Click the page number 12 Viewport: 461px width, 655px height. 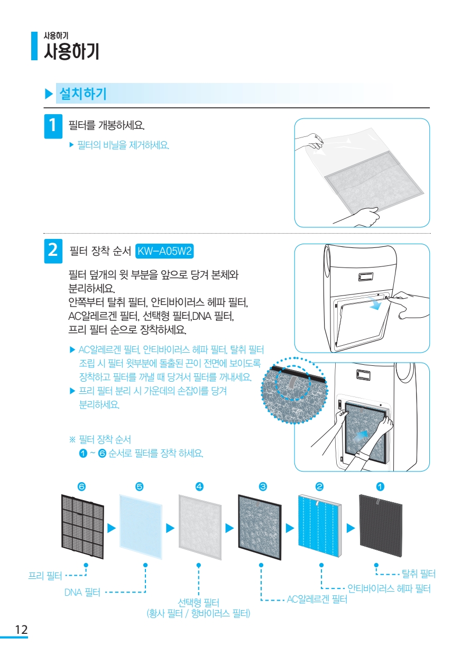(21, 630)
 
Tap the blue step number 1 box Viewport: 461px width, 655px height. (53, 126)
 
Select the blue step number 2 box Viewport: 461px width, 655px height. (53, 251)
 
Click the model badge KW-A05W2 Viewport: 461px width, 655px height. (164, 251)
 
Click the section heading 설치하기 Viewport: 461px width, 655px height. (83, 94)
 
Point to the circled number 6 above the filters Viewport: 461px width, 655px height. (81, 486)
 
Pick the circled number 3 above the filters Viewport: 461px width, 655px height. (263, 486)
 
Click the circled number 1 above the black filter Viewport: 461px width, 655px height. (380, 486)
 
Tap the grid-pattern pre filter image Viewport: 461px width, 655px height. (82, 527)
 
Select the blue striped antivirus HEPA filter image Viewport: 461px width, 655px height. (320, 526)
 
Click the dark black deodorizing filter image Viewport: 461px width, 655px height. (381, 526)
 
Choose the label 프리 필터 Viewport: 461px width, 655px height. (45, 576)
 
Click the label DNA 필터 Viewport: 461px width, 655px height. (82, 593)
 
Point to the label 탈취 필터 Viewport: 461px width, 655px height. (419, 574)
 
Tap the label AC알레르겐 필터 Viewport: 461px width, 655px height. (317, 599)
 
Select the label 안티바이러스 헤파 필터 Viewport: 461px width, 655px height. (389, 588)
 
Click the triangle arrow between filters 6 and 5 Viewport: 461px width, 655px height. (112, 528)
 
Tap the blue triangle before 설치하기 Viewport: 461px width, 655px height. (49, 94)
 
